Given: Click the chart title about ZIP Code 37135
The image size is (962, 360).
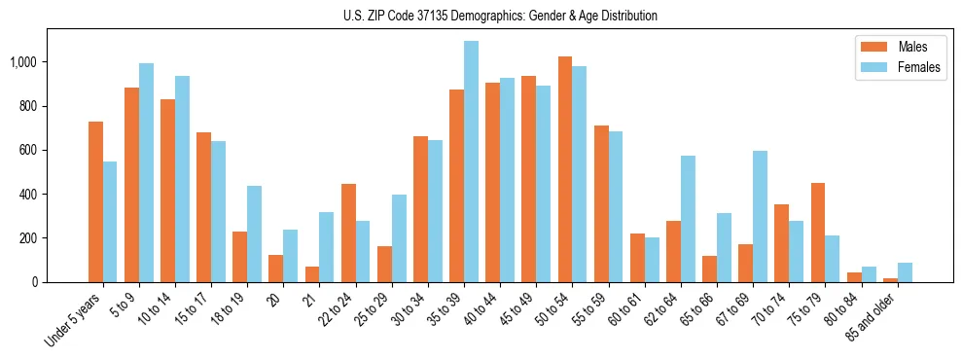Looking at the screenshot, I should (x=500, y=16).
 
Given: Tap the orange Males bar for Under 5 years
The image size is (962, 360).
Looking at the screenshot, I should (x=95, y=201).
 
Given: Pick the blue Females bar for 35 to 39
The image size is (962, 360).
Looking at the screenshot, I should (x=471, y=162).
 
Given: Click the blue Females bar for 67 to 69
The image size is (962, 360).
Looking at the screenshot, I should (x=760, y=216).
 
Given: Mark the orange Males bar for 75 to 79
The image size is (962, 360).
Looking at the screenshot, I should (x=818, y=233).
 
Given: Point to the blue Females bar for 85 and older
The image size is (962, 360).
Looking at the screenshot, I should (x=905, y=272).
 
